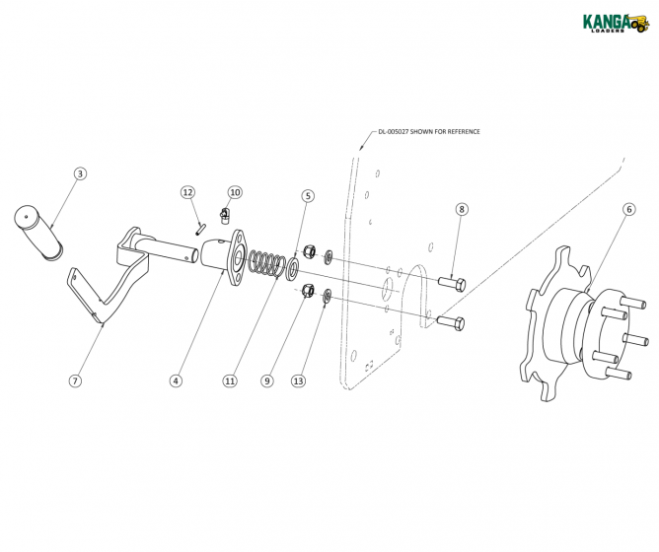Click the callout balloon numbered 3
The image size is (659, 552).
tap(81, 173)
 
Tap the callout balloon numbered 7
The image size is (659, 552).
tap(75, 379)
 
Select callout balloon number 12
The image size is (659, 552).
tap(187, 191)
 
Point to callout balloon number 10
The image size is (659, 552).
tap(235, 191)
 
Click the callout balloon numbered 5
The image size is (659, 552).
tap(307, 196)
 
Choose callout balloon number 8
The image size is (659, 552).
tap(462, 210)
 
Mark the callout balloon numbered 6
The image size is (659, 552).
tap(629, 209)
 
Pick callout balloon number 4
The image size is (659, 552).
tap(176, 379)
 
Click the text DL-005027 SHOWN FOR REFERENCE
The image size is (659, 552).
tap(430, 131)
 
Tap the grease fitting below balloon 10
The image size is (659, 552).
tap(225, 214)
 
